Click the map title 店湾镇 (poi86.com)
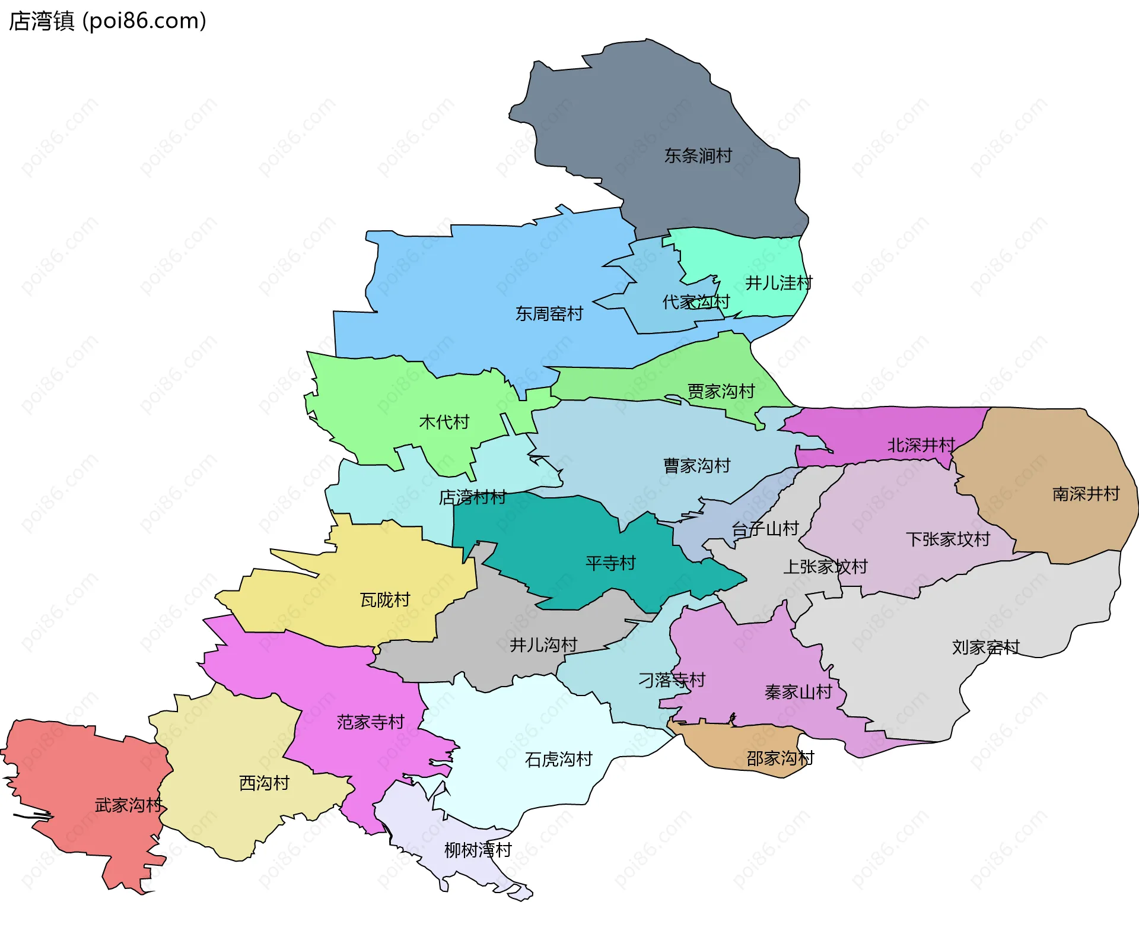pyautogui.click(x=107, y=21)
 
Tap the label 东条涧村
pyautogui.click(x=698, y=156)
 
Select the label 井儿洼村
pyautogui.click(x=778, y=283)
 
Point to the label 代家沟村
pyautogui.click(x=695, y=302)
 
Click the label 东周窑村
pyautogui.click(x=549, y=314)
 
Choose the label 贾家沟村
pyautogui.click(x=720, y=392)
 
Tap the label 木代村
pyautogui.click(x=444, y=422)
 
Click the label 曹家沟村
pyautogui.click(x=696, y=466)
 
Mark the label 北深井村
pyautogui.click(x=921, y=445)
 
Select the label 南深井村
pyautogui.click(x=1085, y=494)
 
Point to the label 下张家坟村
pyautogui.click(x=947, y=539)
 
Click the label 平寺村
pyautogui.click(x=610, y=563)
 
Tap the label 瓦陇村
pyautogui.click(x=384, y=600)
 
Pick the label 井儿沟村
pyautogui.click(x=543, y=645)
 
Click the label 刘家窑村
pyautogui.click(x=985, y=647)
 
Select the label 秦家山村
pyautogui.click(x=798, y=693)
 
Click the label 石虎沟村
pyautogui.click(x=558, y=760)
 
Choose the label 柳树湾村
pyautogui.click(x=478, y=850)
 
